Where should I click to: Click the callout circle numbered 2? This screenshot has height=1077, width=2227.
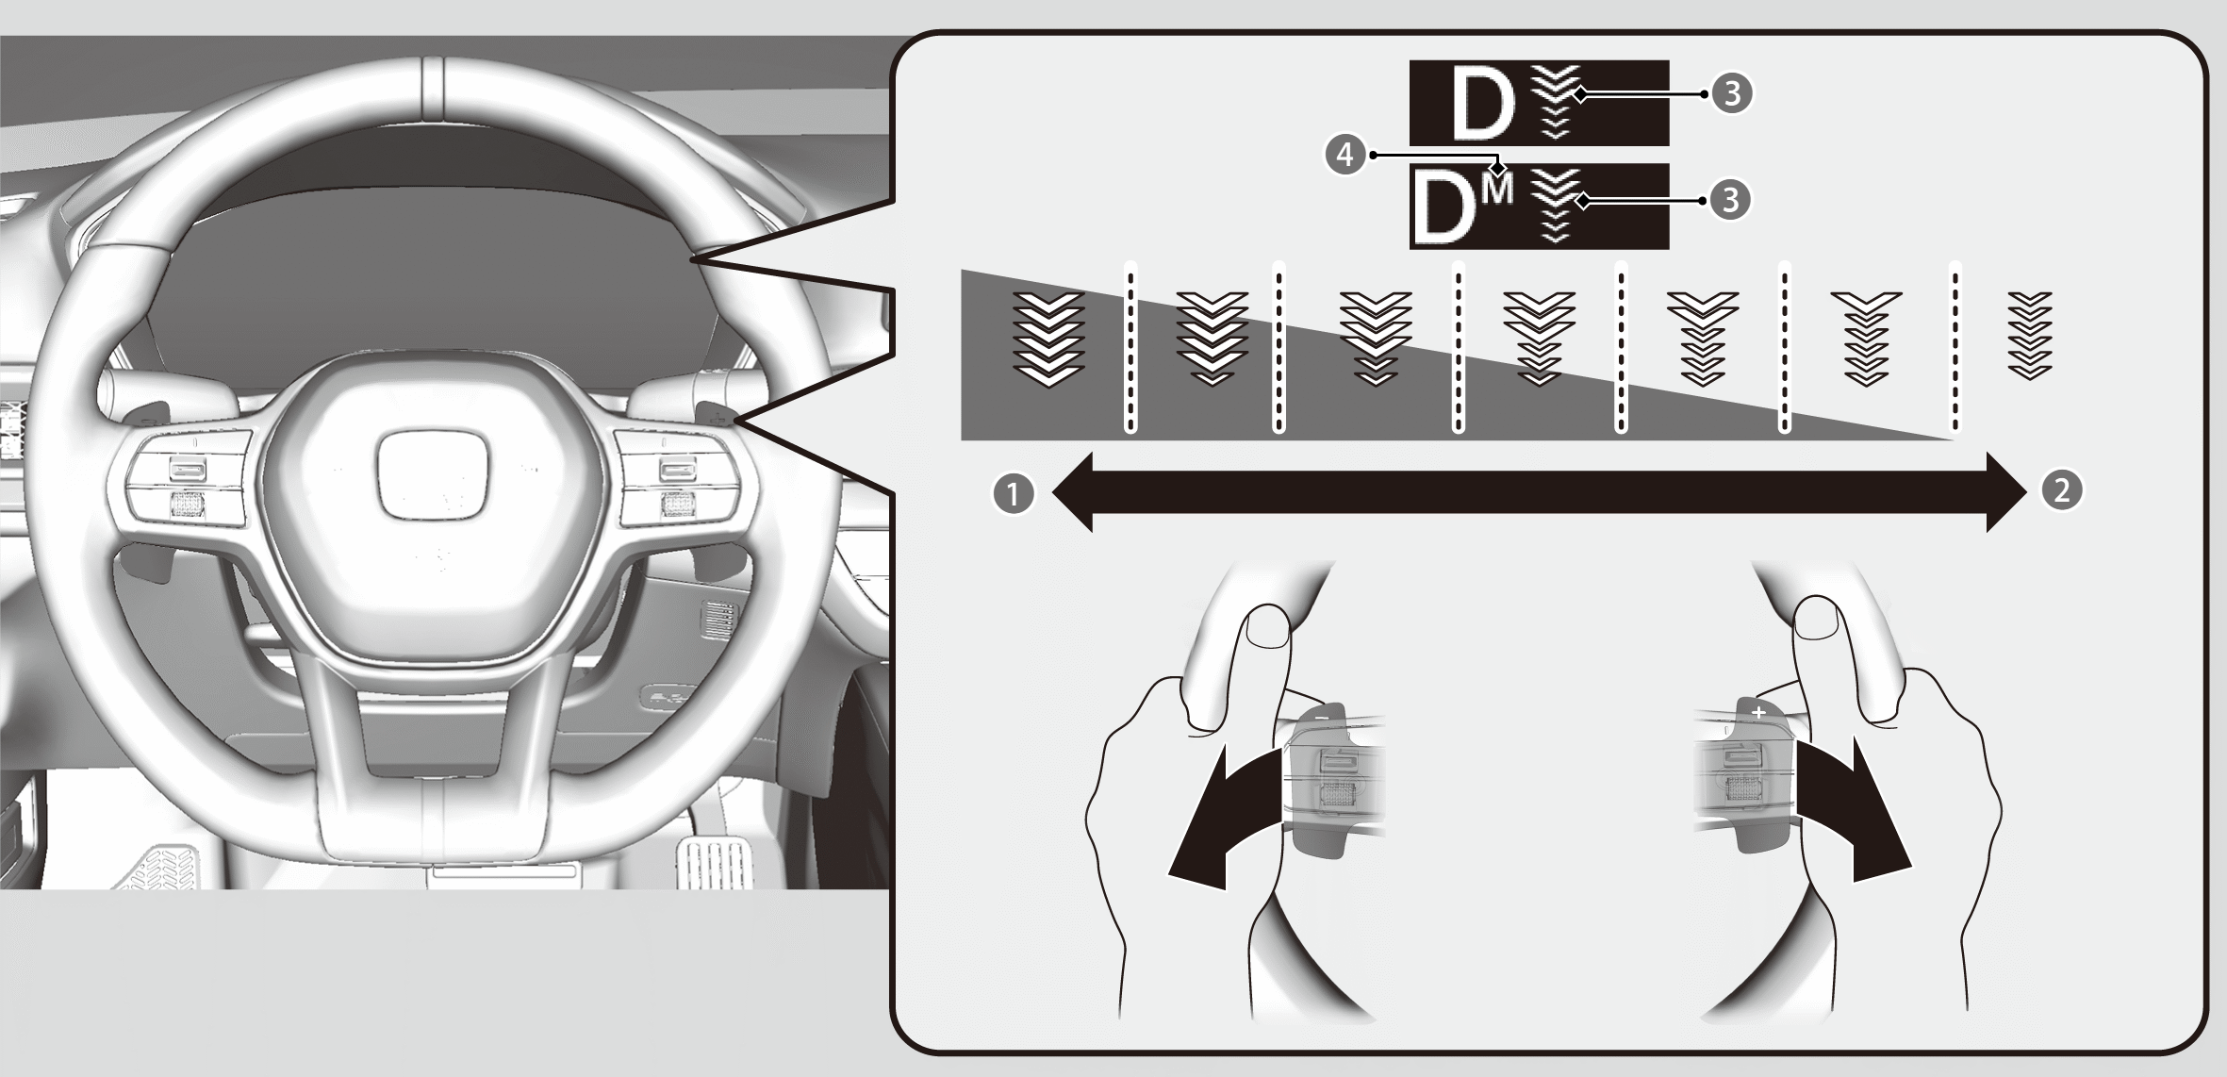pos(2061,490)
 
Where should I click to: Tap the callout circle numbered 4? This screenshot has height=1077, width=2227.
pos(1345,154)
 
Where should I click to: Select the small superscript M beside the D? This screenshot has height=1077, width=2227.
pos(1496,190)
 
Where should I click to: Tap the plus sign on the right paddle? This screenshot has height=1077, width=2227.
pos(1758,712)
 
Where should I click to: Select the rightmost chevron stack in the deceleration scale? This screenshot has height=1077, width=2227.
pos(2030,336)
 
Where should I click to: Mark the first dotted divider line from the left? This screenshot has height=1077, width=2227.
pos(1130,347)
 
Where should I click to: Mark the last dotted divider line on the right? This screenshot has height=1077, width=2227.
pos(1955,347)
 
